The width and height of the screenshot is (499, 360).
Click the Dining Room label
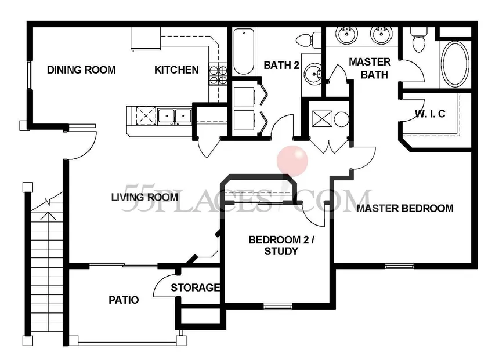(x=81, y=70)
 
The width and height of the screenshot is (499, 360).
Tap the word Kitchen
(x=176, y=70)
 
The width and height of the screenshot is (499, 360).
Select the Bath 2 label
(x=281, y=65)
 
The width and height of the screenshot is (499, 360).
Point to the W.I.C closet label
(x=430, y=114)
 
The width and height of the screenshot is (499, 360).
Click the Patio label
(x=124, y=300)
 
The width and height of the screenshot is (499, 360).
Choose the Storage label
(x=196, y=288)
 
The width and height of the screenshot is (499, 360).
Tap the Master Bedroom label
(x=405, y=209)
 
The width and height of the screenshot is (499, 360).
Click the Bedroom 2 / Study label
(x=281, y=246)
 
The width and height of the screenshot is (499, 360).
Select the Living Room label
(x=145, y=197)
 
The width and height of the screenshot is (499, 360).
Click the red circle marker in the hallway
(x=292, y=161)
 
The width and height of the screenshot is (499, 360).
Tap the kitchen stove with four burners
(x=218, y=75)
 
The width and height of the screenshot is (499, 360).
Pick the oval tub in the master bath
(x=455, y=64)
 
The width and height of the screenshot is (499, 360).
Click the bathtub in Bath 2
(x=244, y=52)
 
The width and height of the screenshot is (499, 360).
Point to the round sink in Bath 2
(x=313, y=74)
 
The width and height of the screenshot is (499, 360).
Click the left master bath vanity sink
(x=347, y=34)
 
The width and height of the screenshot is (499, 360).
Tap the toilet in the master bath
(x=418, y=40)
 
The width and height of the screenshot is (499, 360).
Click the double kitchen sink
(x=175, y=116)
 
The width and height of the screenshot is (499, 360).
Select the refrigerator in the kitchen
(x=146, y=39)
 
